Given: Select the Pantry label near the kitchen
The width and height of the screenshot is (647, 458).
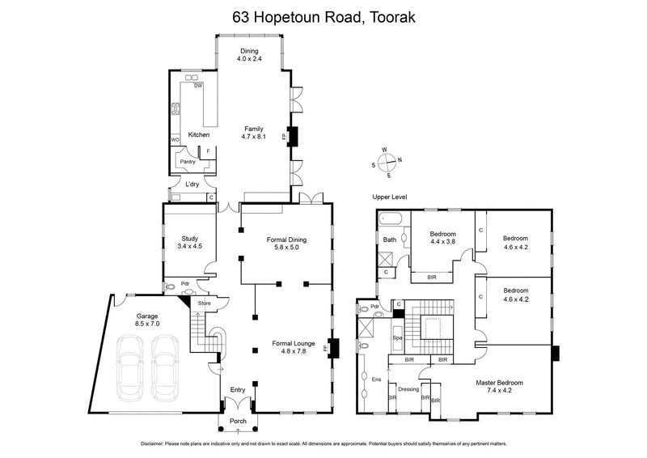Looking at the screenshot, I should (x=188, y=162).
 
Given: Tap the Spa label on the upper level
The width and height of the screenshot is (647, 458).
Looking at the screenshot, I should (x=397, y=337).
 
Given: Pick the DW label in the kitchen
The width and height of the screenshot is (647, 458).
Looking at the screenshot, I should (x=197, y=86).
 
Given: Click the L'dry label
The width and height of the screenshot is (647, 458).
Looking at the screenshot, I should (x=192, y=185).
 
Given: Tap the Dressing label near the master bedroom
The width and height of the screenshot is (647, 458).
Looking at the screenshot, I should (x=408, y=389).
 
